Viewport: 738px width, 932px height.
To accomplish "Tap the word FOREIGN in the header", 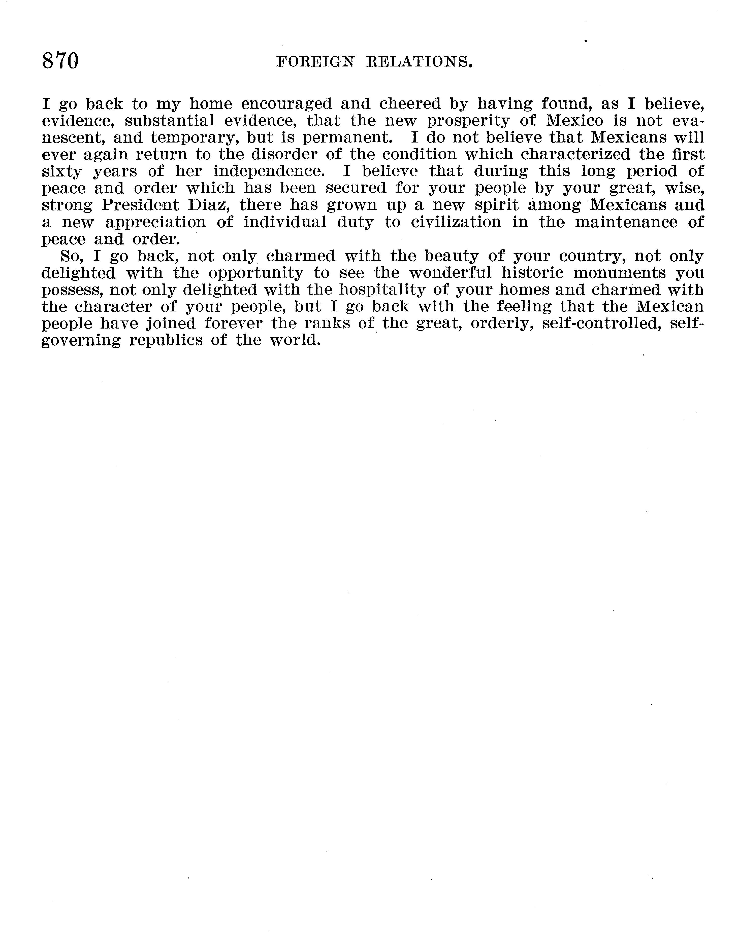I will click(x=315, y=63).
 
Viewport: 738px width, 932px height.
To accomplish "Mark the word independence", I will click(x=269, y=172).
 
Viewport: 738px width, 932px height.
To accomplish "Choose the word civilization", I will click(x=456, y=222).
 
